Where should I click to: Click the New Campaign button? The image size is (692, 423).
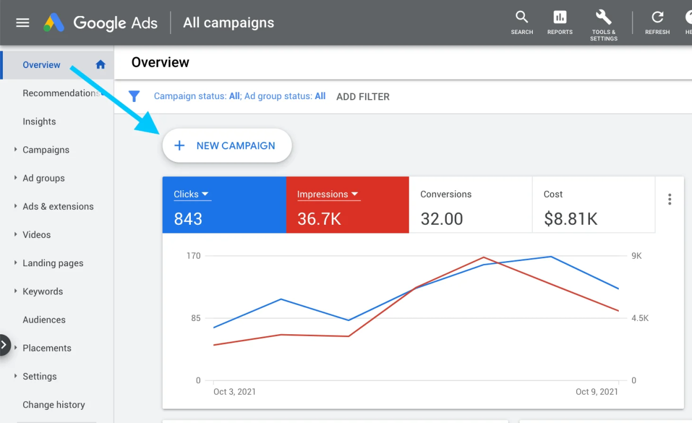(227, 146)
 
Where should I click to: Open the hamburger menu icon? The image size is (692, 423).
(22, 23)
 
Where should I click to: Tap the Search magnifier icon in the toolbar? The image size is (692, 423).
(522, 17)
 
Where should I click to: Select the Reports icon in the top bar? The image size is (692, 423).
(559, 17)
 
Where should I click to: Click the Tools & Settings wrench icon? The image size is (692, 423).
(603, 17)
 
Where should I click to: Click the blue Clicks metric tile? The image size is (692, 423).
(224, 205)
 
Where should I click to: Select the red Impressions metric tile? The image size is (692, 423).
(347, 205)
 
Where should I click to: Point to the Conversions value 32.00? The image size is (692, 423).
(442, 219)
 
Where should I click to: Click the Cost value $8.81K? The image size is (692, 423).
(570, 219)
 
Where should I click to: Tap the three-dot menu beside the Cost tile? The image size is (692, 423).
(670, 199)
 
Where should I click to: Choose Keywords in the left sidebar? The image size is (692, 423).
(43, 292)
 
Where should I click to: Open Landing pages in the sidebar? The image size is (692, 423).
(53, 263)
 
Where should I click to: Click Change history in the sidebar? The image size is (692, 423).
(54, 405)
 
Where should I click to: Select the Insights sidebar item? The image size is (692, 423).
(39, 122)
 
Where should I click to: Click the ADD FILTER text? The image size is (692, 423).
(363, 97)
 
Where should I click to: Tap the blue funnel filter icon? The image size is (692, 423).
(134, 96)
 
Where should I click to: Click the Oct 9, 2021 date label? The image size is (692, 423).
(597, 392)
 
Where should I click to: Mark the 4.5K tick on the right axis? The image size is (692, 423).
(640, 318)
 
